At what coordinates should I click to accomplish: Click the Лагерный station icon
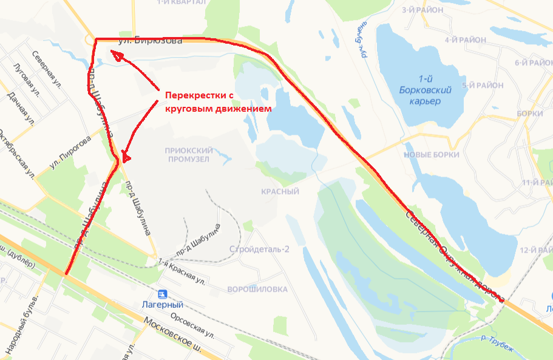click(161, 294)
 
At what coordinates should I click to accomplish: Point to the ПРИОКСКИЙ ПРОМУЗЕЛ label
click(187, 154)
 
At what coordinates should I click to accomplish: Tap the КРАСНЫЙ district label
click(280, 192)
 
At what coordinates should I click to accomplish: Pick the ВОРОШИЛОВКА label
click(256, 290)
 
